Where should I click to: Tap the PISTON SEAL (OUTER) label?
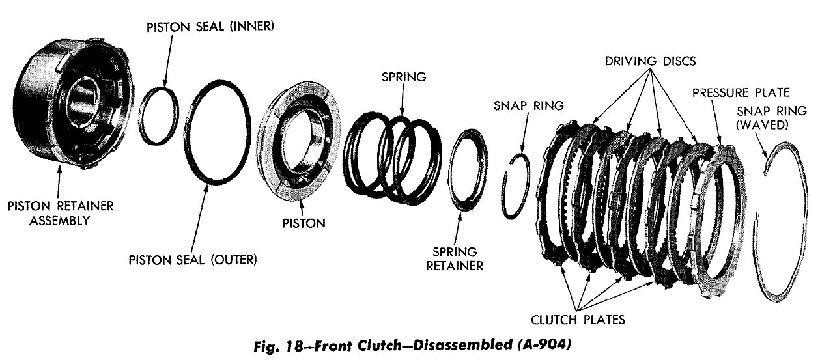pyautogui.click(x=193, y=260)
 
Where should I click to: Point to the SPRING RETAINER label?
pyautogui.click(x=458, y=258)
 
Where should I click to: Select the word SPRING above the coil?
pyautogui.click(x=404, y=76)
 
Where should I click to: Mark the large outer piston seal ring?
pyautogui.click(x=217, y=137)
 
